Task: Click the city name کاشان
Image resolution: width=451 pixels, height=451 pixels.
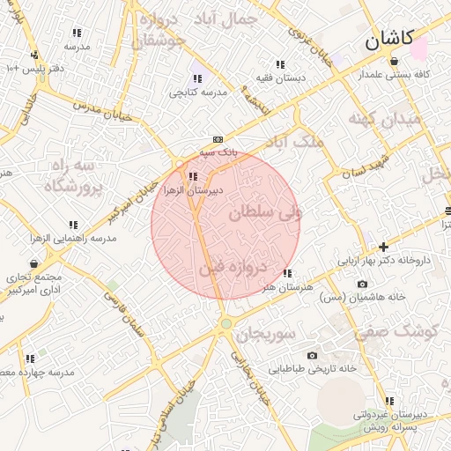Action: tap(388, 39)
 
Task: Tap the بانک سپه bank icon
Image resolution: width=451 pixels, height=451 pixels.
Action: tap(218, 139)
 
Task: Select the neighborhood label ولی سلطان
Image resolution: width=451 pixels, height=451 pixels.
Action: tap(265, 212)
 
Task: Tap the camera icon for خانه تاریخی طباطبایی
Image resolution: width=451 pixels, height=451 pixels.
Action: tap(312, 355)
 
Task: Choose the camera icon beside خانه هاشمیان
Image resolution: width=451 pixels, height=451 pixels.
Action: tap(363, 284)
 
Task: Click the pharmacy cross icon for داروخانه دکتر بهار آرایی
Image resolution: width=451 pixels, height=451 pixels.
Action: tap(383, 247)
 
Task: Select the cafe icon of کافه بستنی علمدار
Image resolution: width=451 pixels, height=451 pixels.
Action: tap(393, 61)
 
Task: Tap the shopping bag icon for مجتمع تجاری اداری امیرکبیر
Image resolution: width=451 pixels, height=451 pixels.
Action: tap(34, 263)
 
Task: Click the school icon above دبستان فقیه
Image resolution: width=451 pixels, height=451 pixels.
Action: tap(280, 64)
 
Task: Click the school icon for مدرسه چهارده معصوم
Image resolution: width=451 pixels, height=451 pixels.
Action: tap(30, 359)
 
